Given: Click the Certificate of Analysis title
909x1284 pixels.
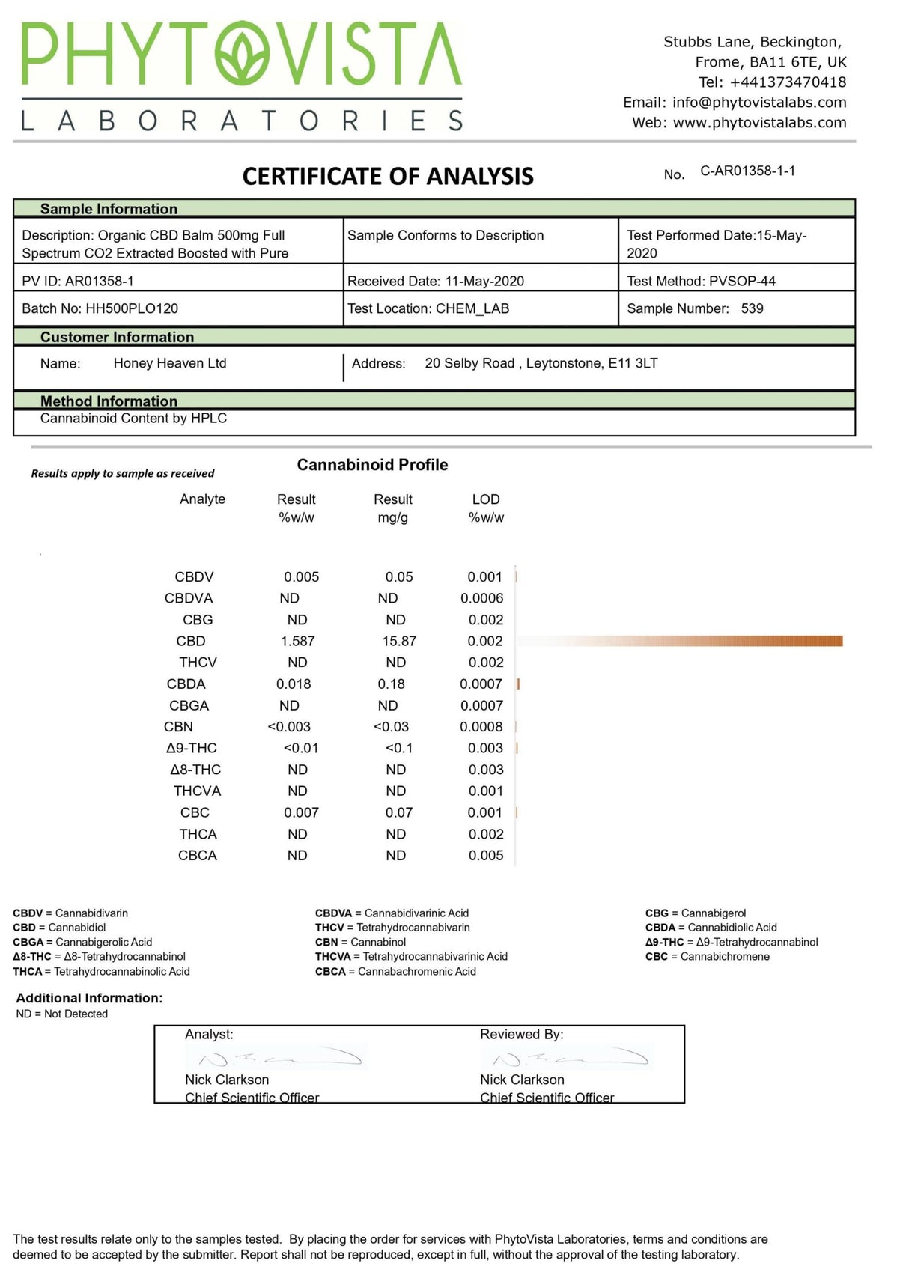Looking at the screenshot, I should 388,177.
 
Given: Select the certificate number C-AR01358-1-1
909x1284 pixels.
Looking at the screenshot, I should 747,171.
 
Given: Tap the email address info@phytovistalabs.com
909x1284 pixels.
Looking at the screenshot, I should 759,103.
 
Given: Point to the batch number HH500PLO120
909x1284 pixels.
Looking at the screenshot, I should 132,308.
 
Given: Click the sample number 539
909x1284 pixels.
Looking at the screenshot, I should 752,308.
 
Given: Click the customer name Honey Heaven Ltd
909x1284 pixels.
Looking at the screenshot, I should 170,363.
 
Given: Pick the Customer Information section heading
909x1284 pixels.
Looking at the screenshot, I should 117,337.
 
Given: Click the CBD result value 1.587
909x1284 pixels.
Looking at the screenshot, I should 297,641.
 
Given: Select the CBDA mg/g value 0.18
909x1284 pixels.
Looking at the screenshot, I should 391,684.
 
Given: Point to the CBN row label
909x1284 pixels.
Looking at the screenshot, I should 178,726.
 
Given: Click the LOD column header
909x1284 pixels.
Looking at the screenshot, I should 486,499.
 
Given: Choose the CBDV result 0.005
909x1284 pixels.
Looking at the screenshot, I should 301,577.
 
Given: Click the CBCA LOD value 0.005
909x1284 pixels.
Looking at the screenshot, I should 486,855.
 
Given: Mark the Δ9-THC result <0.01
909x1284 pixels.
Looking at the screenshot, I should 301,748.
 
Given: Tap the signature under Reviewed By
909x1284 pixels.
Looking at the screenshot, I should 566,1058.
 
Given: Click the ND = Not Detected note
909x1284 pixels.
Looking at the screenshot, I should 62,1014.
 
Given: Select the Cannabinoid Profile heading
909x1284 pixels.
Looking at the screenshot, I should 372,465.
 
